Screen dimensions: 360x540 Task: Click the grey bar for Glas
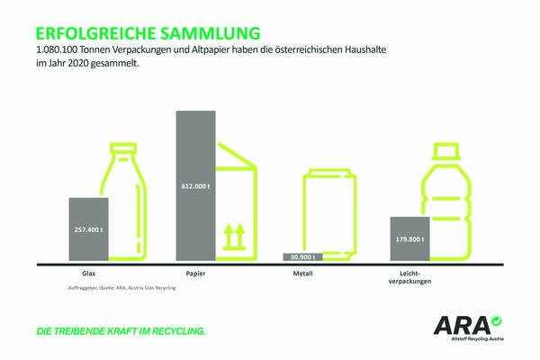click(x=88, y=229)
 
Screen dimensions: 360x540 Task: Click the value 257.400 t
click(x=88, y=229)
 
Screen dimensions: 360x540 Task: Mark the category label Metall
click(x=302, y=273)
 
